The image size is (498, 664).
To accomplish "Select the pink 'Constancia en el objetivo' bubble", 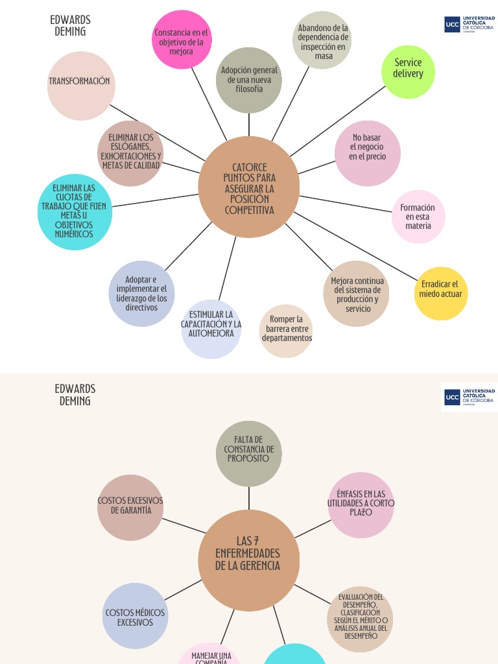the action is coord(182,40).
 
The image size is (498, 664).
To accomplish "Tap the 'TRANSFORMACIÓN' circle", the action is coord(80,86).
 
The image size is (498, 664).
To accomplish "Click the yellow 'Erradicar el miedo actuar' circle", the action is coord(441,294).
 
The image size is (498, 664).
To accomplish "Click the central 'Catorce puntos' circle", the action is coord(249,188).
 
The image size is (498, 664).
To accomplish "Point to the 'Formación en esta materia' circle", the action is coord(418,217).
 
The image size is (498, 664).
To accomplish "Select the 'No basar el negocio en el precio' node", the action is coord(368,153).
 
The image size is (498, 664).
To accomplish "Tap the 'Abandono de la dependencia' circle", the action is coord(322,41).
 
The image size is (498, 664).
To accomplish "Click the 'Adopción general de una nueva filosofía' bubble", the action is coord(249,80).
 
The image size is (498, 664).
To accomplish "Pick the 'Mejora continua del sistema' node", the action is coord(357,294).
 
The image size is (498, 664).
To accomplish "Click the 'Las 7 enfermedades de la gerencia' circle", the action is coord(249,560).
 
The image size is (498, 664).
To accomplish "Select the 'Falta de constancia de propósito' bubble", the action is coord(249,453).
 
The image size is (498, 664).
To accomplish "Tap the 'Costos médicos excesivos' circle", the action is coord(135,616).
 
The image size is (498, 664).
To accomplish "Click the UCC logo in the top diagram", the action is coord(469,25).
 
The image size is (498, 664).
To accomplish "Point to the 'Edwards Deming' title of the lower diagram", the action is coord(75,394).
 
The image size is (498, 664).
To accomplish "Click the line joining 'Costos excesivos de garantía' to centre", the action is coord(183,525).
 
